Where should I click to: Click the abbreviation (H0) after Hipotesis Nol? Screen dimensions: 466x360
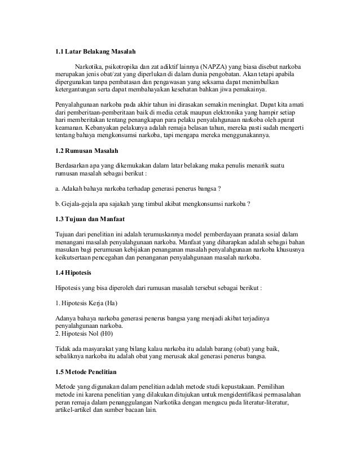(x=104, y=335)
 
